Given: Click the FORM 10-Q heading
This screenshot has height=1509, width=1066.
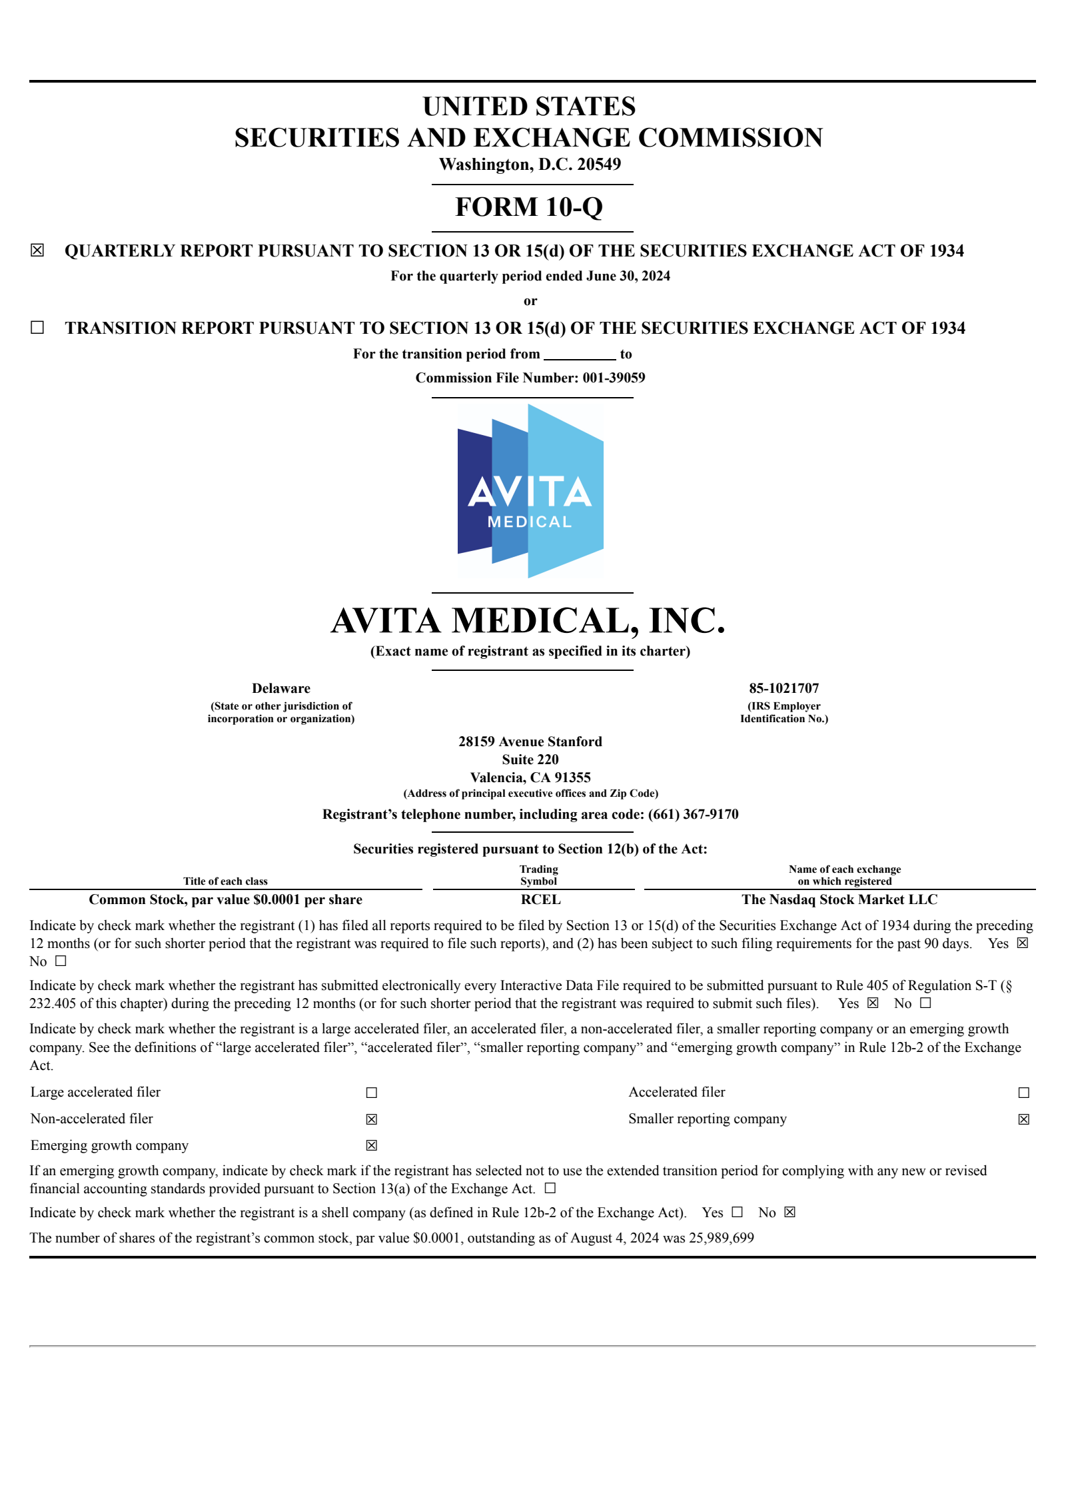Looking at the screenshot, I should point(529,207).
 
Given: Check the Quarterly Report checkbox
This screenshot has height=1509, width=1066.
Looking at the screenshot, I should point(37,251).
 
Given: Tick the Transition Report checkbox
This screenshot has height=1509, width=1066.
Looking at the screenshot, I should point(37,327).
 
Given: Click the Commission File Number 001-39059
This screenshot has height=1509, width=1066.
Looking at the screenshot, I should point(614,378).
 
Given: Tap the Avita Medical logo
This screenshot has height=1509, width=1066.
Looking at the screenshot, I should point(530,491).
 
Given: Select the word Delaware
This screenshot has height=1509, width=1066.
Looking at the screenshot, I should point(280,688).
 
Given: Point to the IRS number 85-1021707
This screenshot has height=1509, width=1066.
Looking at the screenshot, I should point(784,688).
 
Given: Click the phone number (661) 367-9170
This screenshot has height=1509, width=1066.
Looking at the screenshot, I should point(693,814).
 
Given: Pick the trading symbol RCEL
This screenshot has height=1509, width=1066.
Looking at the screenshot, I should point(540,899).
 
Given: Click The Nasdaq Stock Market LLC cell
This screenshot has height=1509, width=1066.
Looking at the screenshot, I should point(839,899).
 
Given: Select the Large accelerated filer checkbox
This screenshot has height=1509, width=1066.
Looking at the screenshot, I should point(372,1093).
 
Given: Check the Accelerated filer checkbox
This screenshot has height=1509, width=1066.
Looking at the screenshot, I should point(1023,1093).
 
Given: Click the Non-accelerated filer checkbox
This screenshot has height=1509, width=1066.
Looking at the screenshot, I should point(372,1119).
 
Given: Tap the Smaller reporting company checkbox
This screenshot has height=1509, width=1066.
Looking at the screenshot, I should point(1023,1119).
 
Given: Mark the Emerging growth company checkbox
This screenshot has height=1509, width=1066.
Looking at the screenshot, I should point(372,1145).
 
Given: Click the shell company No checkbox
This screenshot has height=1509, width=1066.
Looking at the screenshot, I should point(790,1212).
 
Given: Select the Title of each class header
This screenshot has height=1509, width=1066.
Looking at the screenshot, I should point(225,881).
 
